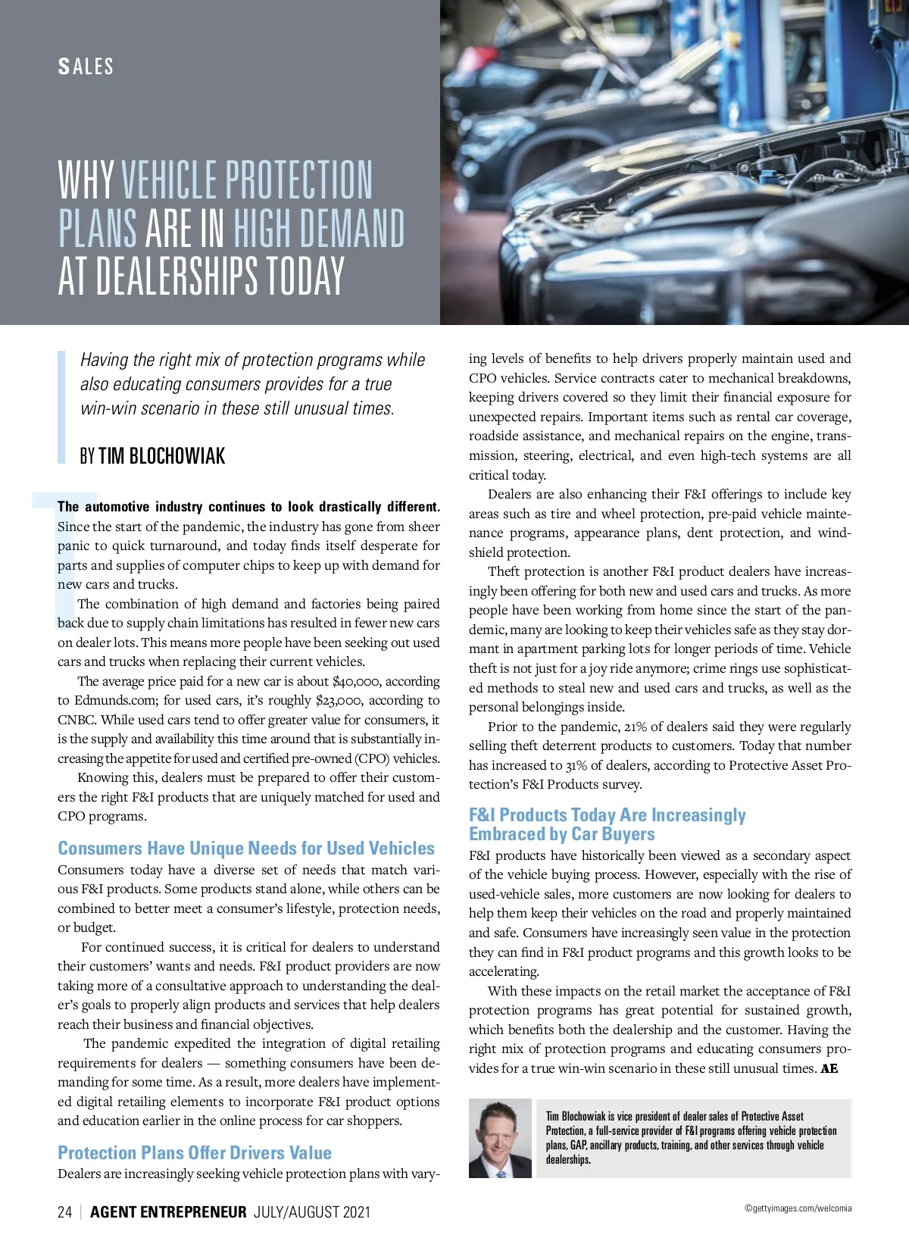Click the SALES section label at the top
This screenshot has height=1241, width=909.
coord(86,67)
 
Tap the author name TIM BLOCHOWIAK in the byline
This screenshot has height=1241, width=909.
coord(161,456)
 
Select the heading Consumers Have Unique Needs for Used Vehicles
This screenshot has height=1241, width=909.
coord(246,848)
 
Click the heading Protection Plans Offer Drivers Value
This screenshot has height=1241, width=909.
coord(195,1152)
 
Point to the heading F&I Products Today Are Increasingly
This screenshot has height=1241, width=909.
coord(607,814)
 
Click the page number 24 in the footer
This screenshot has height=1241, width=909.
coord(64,1211)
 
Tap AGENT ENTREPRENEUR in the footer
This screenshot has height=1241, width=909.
coord(168,1211)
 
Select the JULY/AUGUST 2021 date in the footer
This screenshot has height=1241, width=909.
coord(312,1211)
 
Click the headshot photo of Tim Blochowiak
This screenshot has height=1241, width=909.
coord(500,1138)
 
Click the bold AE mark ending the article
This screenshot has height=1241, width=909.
coord(829,1068)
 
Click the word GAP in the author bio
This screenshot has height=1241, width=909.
coord(579,1145)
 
